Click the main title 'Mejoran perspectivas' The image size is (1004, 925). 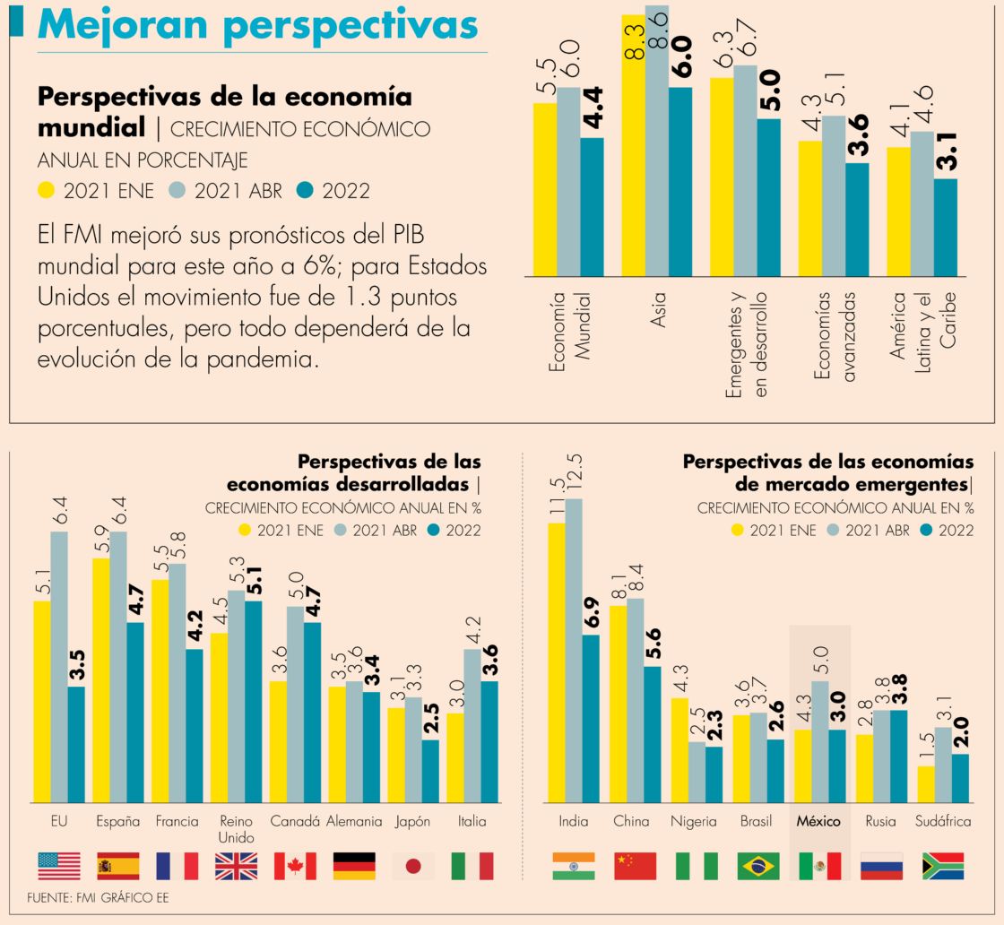coord(257,25)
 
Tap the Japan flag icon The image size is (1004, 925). coord(413,866)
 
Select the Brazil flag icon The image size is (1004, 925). coord(757,866)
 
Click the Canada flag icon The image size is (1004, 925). coord(295,866)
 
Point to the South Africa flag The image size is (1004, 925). coord(943,866)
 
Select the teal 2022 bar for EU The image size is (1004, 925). coord(76,744)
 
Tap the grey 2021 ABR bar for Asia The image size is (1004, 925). coord(657,143)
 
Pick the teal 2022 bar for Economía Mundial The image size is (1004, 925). coord(592,206)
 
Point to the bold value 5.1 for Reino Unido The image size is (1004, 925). coord(253,581)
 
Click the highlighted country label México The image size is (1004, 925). coord(819,821)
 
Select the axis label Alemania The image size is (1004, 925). coord(354,821)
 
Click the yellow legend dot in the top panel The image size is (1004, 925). coord(47,190)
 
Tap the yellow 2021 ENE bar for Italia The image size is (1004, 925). coord(454,757)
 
